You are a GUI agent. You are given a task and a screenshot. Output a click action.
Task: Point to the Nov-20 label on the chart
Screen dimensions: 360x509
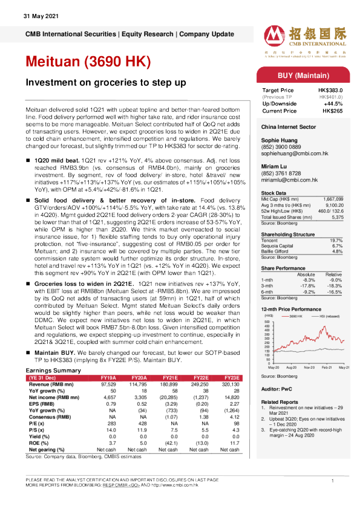pos(309,367)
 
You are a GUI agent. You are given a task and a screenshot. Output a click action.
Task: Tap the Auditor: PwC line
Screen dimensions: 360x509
pos(277,391)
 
